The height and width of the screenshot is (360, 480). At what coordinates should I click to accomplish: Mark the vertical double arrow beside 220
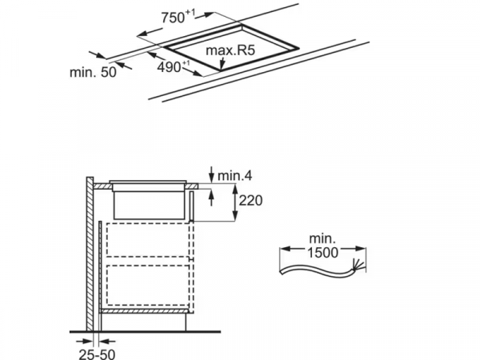[x=235, y=202]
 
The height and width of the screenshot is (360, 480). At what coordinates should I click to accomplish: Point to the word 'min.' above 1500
[x=321, y=238]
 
